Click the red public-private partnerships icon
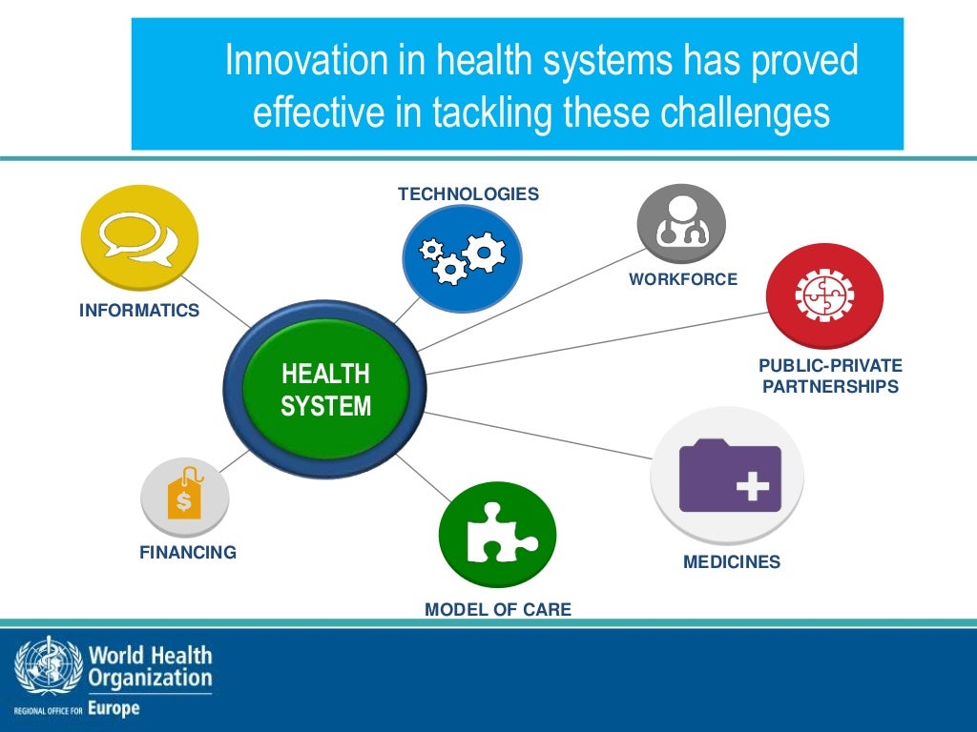pos(824,295)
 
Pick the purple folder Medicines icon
pos(728,477)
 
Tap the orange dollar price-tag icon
pos(184,498)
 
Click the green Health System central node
pos(325,390)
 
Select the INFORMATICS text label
pos(139,311)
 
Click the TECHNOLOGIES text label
pos(468,194)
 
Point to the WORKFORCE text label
pos(683,279)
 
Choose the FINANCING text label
pos(188,552)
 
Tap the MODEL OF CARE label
pos(498,610)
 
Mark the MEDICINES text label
pos(732,562)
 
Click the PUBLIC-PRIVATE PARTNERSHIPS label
pos(830,376)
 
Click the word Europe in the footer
pos(114,708)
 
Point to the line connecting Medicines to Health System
pos(534,435)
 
